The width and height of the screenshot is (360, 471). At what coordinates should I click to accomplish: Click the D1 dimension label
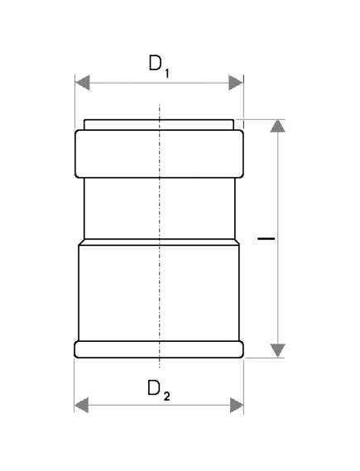tap(159, 66)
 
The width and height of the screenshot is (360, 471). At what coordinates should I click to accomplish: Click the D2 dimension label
tap(159, 390)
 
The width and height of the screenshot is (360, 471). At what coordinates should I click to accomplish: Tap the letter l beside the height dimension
tap(266, 238)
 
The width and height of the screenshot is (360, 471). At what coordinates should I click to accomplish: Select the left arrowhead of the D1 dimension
tap(82, 83)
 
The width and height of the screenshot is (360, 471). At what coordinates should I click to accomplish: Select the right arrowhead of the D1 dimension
tap(236, 83)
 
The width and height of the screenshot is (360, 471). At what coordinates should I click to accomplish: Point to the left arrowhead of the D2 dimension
tap(81, 405)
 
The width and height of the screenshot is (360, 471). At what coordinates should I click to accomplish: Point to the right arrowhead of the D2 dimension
tap(237, 405)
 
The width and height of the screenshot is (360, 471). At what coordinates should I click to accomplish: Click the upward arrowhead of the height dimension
tap(278, 126)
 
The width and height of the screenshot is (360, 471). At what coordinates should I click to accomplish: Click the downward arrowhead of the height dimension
tap(278, 351)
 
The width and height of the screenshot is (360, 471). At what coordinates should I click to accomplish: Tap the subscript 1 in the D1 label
tap(166, 74)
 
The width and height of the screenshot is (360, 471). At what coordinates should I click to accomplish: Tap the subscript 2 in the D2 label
tap(167, 397)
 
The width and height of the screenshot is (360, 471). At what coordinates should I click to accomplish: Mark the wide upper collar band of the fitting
tap(159, 154)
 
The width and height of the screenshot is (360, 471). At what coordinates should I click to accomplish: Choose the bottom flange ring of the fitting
tap(159, 349)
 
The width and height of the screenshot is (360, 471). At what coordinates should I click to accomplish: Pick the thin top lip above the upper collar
tap(159, 125)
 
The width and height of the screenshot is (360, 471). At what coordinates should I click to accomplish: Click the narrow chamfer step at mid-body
tap(159, 242)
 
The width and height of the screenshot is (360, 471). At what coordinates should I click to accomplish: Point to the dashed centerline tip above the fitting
tap(160, 104)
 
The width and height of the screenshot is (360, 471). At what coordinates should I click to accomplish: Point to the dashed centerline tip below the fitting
tap(160, 367)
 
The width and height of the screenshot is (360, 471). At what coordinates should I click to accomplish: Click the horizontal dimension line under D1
tap(159, 83)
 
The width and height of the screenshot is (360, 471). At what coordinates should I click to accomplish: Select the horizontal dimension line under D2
tap(159, 405)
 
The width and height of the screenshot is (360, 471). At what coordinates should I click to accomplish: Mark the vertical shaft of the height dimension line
tap(278, 238)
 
